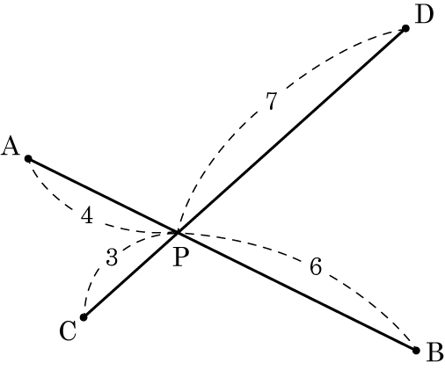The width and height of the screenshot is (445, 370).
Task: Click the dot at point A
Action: (28, 159)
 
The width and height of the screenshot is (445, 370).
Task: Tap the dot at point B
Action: (416, 351)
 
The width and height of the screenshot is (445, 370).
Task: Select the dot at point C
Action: (84, 317)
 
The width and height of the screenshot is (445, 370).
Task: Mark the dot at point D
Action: (405, 28)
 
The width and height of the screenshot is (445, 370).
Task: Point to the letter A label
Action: (11, 146)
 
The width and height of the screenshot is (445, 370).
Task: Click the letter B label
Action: (435, 352)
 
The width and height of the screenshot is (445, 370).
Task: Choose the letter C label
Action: (68, 330)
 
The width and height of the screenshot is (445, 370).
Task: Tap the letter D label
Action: (424, 14)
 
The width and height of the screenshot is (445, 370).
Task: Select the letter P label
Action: (180, 257)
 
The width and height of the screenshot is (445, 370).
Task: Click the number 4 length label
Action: (87, 215)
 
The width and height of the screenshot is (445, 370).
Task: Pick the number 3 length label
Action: (112, 257)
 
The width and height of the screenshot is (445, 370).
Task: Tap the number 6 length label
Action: (316, 266)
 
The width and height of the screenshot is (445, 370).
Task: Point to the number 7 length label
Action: (272, 101)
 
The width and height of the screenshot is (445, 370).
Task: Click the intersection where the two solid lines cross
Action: (178, 233)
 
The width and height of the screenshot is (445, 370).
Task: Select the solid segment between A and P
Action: (103, 196)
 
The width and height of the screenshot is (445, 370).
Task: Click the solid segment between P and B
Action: (297, 292)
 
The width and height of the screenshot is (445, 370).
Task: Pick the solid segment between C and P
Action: (131, 275)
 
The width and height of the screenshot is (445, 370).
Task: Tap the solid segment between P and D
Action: (292, 131)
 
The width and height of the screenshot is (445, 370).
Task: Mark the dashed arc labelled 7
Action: (255, 114)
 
